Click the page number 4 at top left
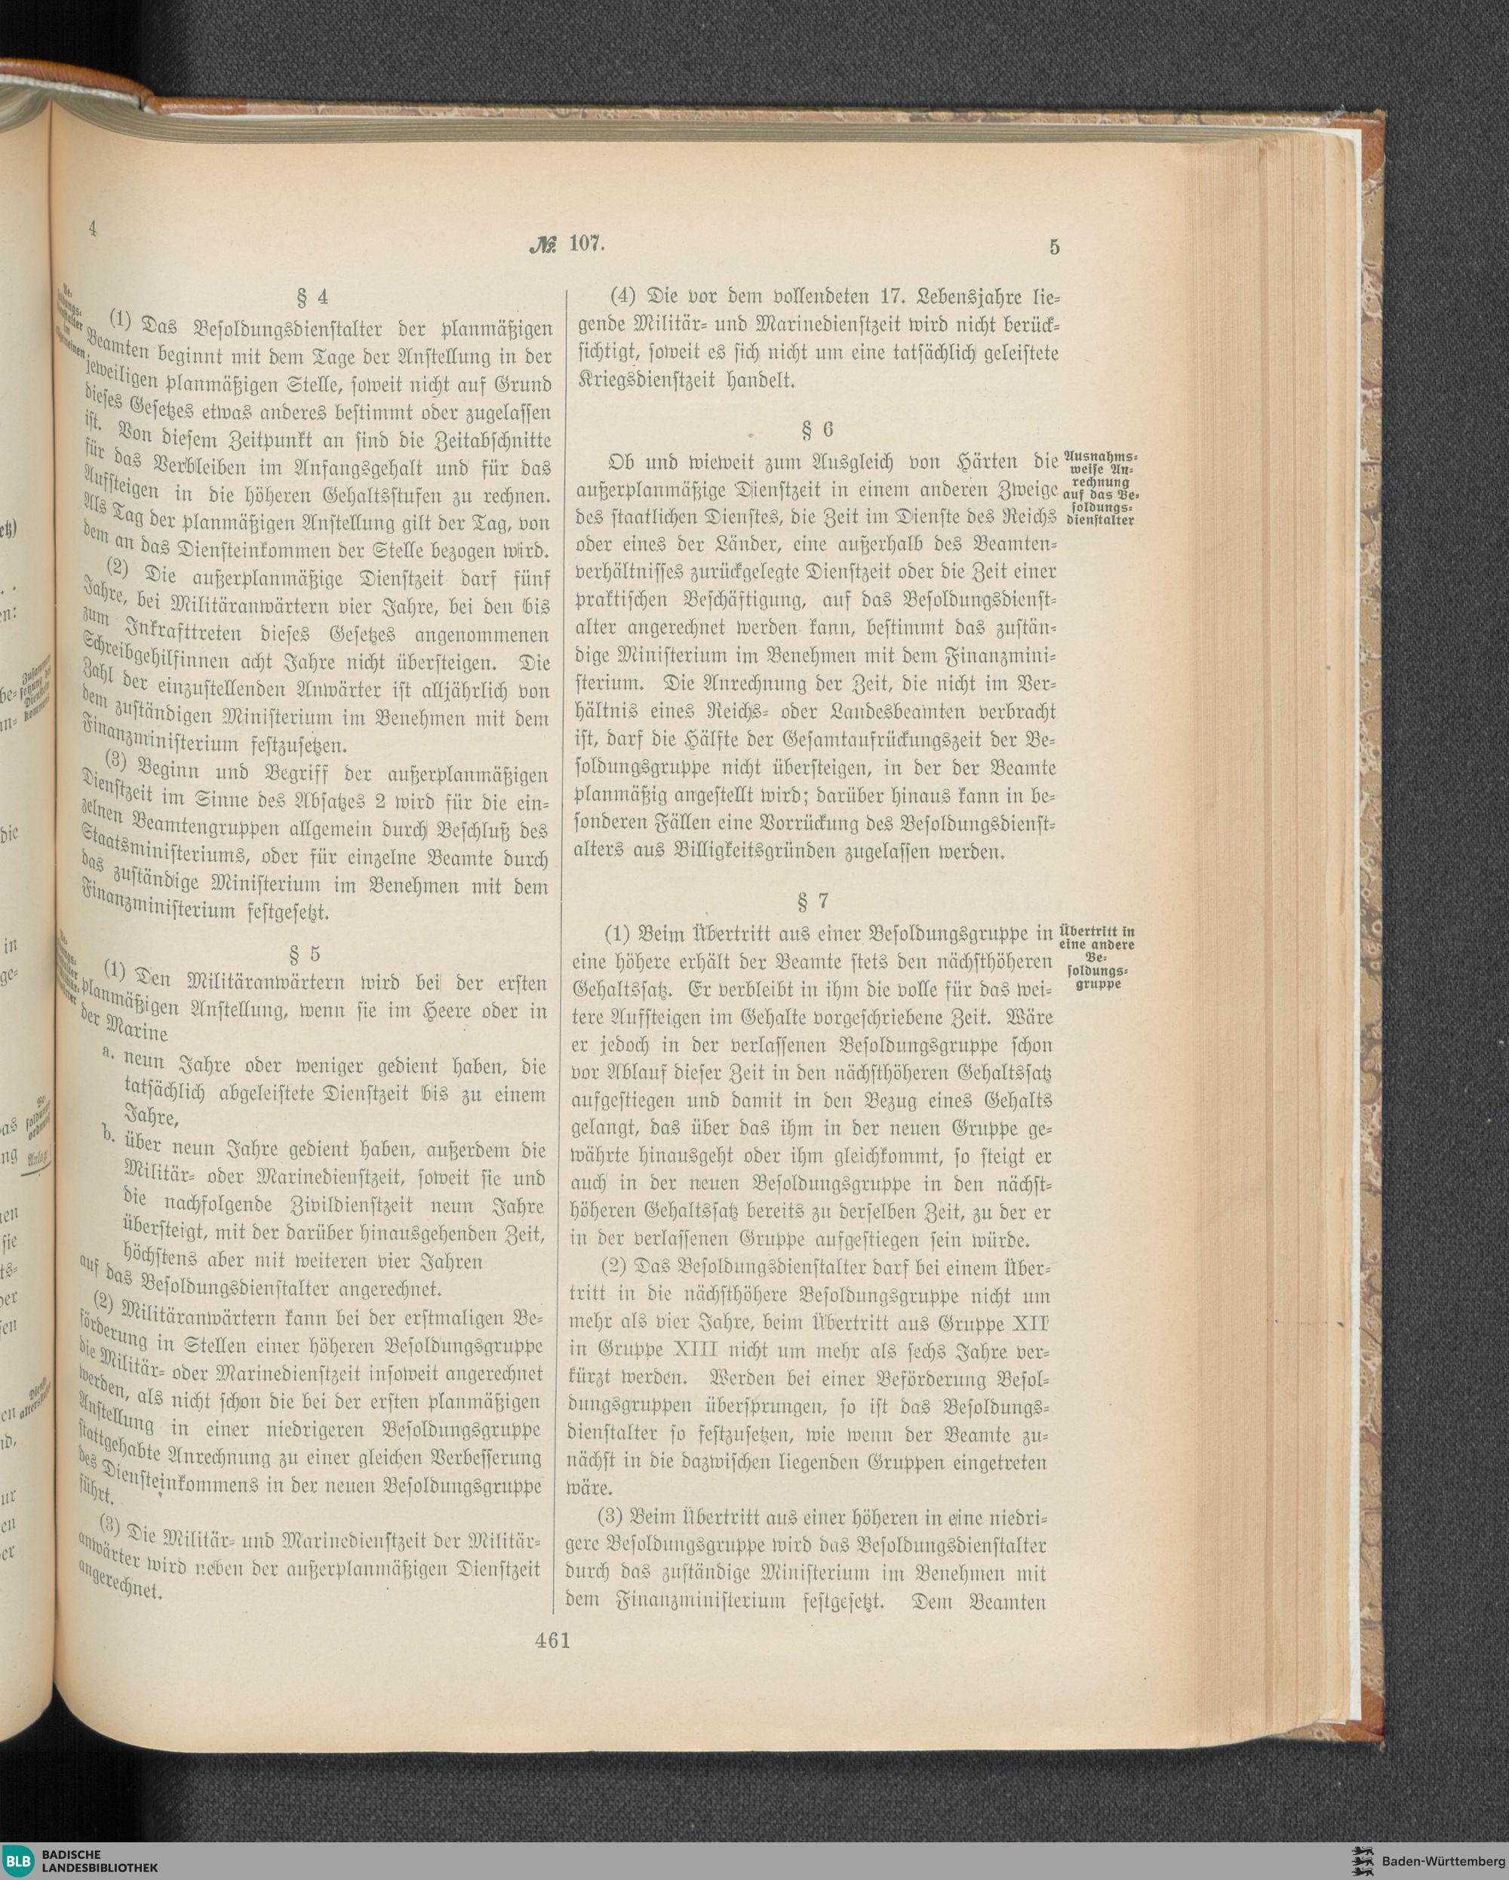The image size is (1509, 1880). click(x=91, y=229)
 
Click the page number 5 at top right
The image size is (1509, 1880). click(x=1055, y=248)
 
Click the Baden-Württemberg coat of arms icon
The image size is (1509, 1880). click(x=1363, y=1859)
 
